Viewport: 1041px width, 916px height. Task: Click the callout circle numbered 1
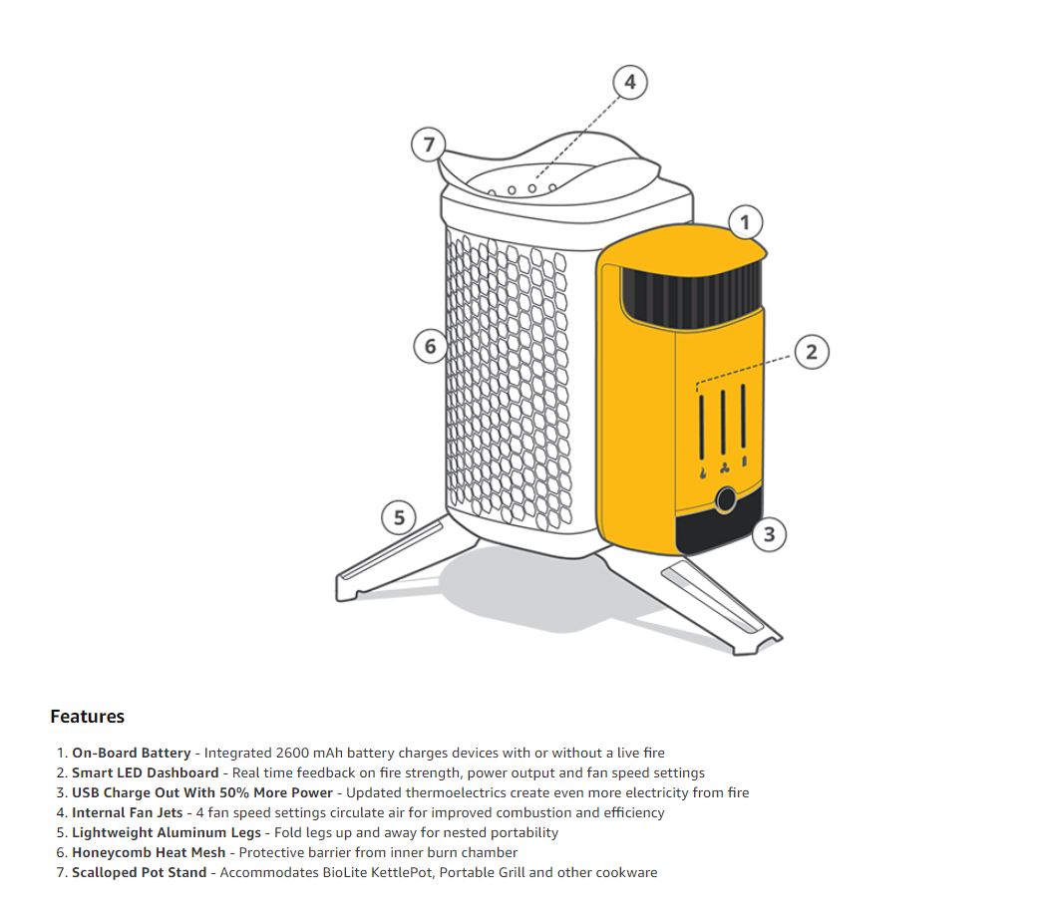tap(745, 222)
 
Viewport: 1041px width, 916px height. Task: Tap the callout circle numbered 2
tap(812, 351)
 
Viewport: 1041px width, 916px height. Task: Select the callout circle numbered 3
tap(769, 534)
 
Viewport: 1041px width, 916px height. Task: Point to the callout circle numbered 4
tap(629, 82)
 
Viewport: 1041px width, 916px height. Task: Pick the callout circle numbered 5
tap(399, 517)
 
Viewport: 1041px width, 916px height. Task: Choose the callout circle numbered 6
tap(430, 346)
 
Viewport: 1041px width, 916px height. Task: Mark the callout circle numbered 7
tap(429, 145)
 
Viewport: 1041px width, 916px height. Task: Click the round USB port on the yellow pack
tap(727, 499)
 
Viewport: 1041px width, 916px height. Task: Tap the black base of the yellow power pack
tap(713, 533)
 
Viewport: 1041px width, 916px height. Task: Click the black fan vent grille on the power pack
tap(692, 296)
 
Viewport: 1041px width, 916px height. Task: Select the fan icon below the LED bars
tap(724, 469)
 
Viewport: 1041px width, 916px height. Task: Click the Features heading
tap(87, 717)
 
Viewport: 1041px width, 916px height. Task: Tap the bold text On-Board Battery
tap(131, 753)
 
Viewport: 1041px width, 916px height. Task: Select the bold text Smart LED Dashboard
tap(145, 772)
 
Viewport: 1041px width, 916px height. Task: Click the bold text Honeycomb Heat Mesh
tap(149, 852)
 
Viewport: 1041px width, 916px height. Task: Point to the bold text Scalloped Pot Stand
tap(140, 872)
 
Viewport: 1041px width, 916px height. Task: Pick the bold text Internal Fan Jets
tap(127, 812)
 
